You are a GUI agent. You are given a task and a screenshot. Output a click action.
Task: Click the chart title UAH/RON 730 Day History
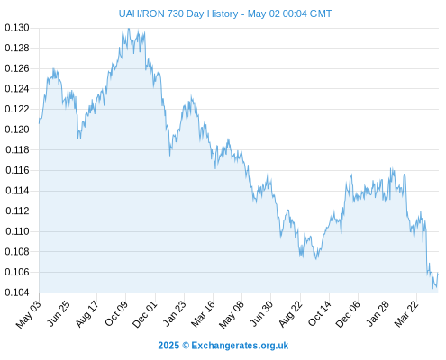(x=178, y=13)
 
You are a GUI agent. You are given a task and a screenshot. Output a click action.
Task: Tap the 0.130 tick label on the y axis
(x=17, y=28)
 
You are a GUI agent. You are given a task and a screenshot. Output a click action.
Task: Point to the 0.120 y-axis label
(x=17, y=130)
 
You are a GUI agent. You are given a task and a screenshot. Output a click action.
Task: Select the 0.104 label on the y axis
(x=17, y=292)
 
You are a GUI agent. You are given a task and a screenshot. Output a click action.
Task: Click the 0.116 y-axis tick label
(x=17, y=170)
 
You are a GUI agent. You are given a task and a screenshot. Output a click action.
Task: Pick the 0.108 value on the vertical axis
(x=17, y=251)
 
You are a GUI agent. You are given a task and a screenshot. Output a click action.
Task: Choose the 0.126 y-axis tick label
(x=17, y=68)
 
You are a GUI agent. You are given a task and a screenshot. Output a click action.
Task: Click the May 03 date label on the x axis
(x=29, y=314)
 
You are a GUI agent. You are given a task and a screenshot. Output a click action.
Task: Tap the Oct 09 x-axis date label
(x=116, y=313)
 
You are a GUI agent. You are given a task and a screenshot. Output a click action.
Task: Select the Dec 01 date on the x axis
(x=145, y=314)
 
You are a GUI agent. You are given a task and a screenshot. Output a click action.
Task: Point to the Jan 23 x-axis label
(x=174, y=313)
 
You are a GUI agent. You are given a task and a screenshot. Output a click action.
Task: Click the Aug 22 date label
(x=290, y=313)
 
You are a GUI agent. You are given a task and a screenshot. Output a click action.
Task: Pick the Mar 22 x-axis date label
(x=406, y=313)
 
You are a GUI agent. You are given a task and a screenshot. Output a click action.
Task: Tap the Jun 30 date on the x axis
(x=261, y=313)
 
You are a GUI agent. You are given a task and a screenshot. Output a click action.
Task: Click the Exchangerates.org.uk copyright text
(x=240, y=346)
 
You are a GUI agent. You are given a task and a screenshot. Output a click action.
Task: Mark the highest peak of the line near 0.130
(x=129, y=29)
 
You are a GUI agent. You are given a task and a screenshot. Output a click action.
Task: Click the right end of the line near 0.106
(x=438, y=273)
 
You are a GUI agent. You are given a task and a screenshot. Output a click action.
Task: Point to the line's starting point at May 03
(x=39, y=123)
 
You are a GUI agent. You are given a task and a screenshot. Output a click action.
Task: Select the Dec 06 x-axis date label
(x=348, y=314)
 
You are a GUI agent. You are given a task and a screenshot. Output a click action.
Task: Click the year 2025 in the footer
(x=168, y=346)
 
